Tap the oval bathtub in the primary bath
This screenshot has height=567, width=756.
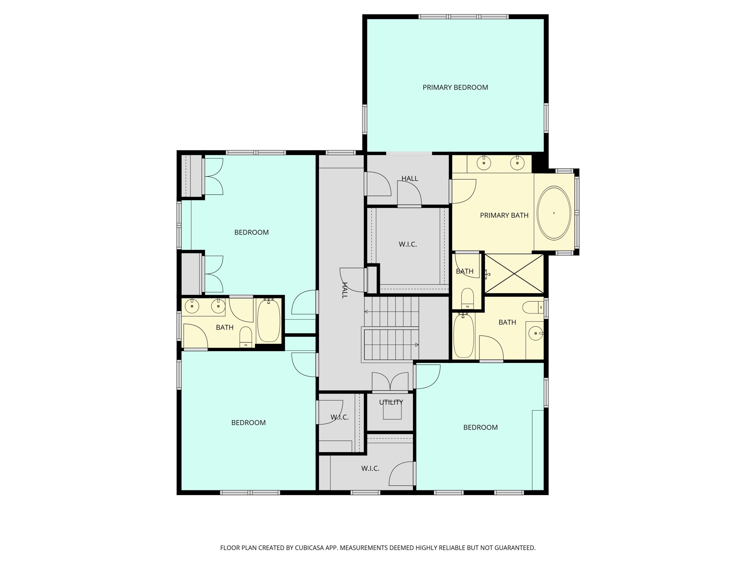[x=554, y=213]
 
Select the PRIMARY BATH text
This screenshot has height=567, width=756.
[x=504, y=215]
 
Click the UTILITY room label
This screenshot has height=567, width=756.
[x=391, y=402]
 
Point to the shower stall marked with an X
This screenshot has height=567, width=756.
[x=514, y=274]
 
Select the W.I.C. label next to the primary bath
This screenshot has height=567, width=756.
[x=408, y=244]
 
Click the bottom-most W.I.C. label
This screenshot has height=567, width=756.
[x=370, y=468]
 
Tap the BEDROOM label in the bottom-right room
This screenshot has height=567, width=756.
[x=480, y=427]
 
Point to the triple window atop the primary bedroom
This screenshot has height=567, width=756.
[x=463, y=16]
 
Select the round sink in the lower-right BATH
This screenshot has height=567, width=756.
[x=535, y=333]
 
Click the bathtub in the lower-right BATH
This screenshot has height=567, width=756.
[x=463, y=336]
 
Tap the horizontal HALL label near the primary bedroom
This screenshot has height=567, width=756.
[x=409, y=178]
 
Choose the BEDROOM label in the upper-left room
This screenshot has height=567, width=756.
[x=251, y=232]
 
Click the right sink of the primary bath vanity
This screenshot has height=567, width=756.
[x=517, y=163]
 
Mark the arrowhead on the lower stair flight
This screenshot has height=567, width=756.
[x=417, y=345]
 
